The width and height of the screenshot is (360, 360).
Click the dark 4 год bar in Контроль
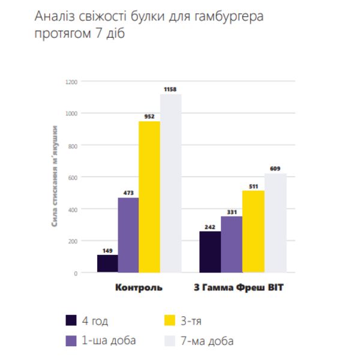[x=107, y=263]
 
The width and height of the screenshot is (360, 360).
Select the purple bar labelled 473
[x=128, y=235]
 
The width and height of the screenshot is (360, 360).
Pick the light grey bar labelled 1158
[x=170, y=183]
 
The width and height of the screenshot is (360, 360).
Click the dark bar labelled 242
[x=210, y=252]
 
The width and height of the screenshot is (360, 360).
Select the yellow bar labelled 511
[x=253, y=231]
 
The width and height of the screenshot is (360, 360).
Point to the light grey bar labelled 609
[x=275, y=223]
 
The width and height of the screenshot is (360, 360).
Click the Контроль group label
[x=139, y=288]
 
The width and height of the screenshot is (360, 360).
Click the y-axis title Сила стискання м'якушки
[x=55, y=176]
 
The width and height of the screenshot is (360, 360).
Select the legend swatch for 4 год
[x=71, y=319]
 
